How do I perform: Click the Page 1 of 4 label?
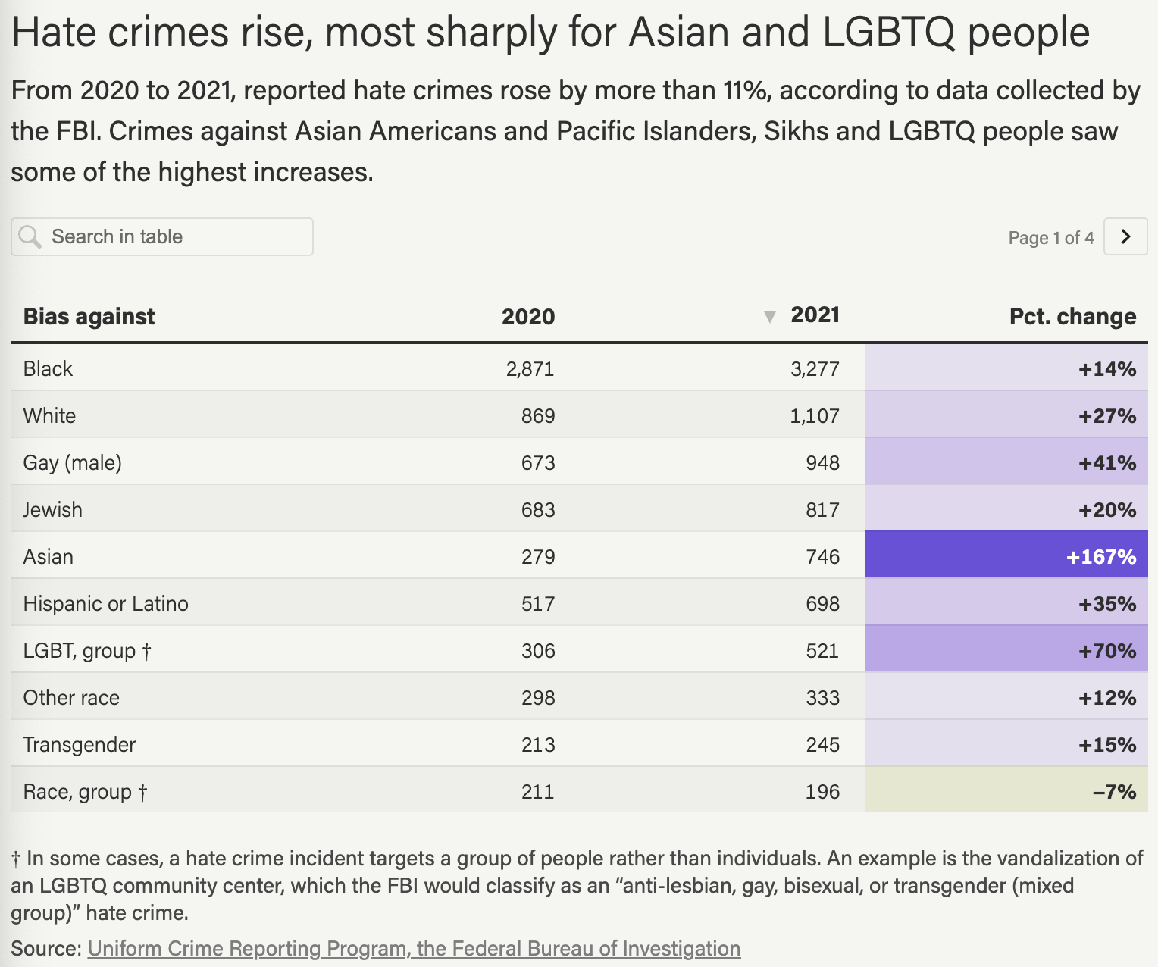point(1050,238)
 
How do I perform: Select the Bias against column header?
point(89,316)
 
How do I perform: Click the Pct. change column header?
point(1072,316)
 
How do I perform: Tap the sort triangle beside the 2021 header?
point(769,317)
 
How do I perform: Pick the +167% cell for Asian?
point(1100,557)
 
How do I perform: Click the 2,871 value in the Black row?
point(530,369)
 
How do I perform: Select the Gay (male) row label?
point(72,463)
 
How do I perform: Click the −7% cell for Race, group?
point(1113,792)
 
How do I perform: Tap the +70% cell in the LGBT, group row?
point(1106,651)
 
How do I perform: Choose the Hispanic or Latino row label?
point(105,604)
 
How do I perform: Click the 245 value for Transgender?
point(822,745)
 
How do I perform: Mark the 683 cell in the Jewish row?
point(537,510)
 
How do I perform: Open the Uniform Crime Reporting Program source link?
point(414,949)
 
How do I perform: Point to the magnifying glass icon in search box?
point(30,236)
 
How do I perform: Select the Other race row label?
point(71,698)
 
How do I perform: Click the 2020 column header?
point(527,317)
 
